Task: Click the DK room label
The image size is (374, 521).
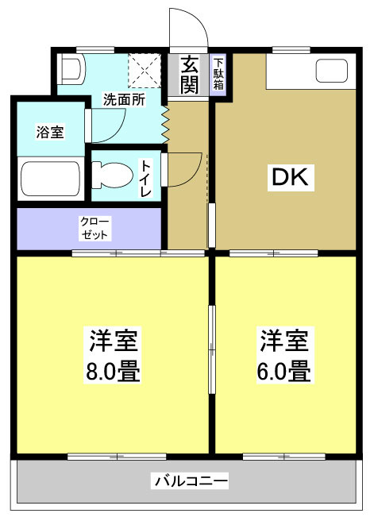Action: [x=294, y=178]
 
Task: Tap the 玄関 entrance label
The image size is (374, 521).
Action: [x=188, y=75]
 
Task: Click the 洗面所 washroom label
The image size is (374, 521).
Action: [x=125, y=100]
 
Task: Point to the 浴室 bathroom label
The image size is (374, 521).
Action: [x=49, y=132]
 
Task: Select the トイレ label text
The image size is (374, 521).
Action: [x=147, y=179]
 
